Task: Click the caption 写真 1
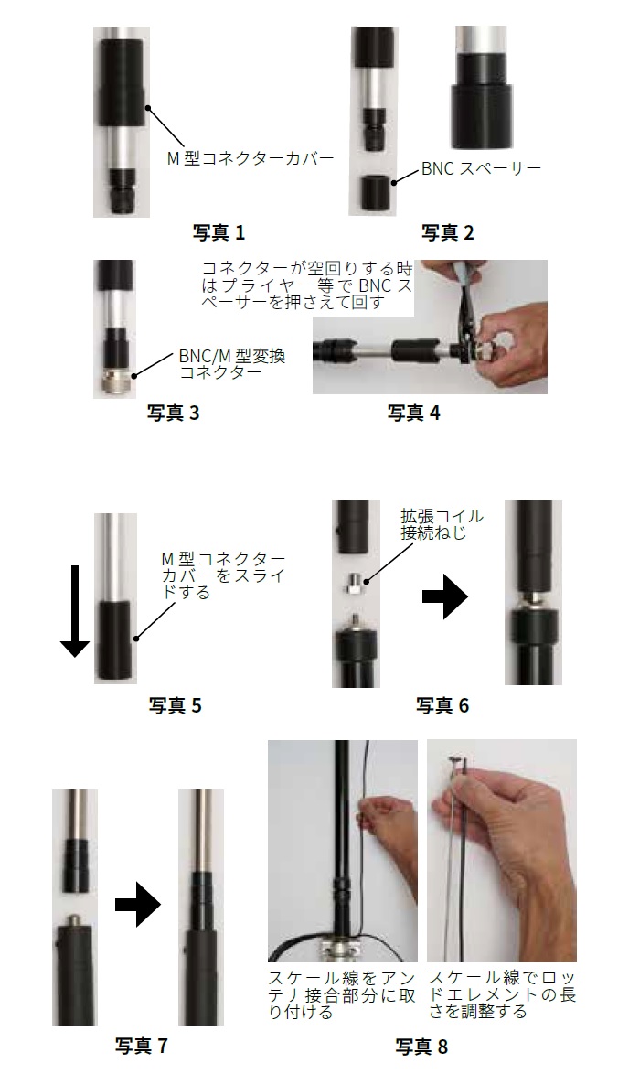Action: tap(219, 233)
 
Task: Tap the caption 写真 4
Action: tap(413, 413)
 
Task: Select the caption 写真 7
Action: tap(141, 1046)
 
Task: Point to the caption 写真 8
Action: tap(421, 1046)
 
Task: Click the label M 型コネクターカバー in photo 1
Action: tap(251, 158)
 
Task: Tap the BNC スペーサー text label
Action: tap(481, 167)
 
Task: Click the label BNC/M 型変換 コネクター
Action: tap(232, 364)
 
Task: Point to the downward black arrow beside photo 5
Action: tap(75, 611)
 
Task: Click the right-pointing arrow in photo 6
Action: tap(445, 596)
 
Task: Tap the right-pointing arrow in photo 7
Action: tap(137, 905)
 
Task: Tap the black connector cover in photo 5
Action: tap(116, 641)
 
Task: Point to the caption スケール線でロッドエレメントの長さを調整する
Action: tap(502, 993)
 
